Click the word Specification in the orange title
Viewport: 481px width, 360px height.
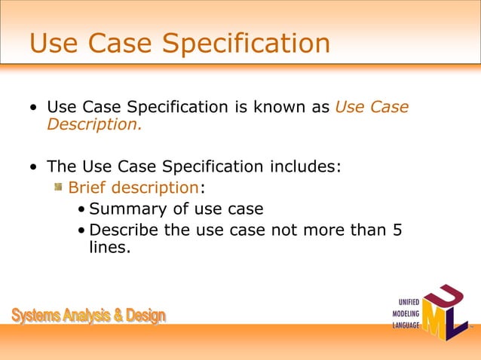click(x=247, y=44)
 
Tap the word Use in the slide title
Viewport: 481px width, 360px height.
click(x=54, y=43)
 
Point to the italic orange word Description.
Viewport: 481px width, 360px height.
click(x=93, y=124)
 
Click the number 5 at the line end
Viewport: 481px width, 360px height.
click(x=397, y=230)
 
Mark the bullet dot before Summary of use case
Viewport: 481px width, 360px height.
click(x=81, y=209)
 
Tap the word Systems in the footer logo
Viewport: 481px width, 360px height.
click(x=37, y=316)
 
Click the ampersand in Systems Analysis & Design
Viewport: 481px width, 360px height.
click(x=119, y=316)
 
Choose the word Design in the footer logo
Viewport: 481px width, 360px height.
click(x=146, y=316)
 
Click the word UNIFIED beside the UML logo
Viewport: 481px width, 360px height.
click(x=404, y=303)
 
